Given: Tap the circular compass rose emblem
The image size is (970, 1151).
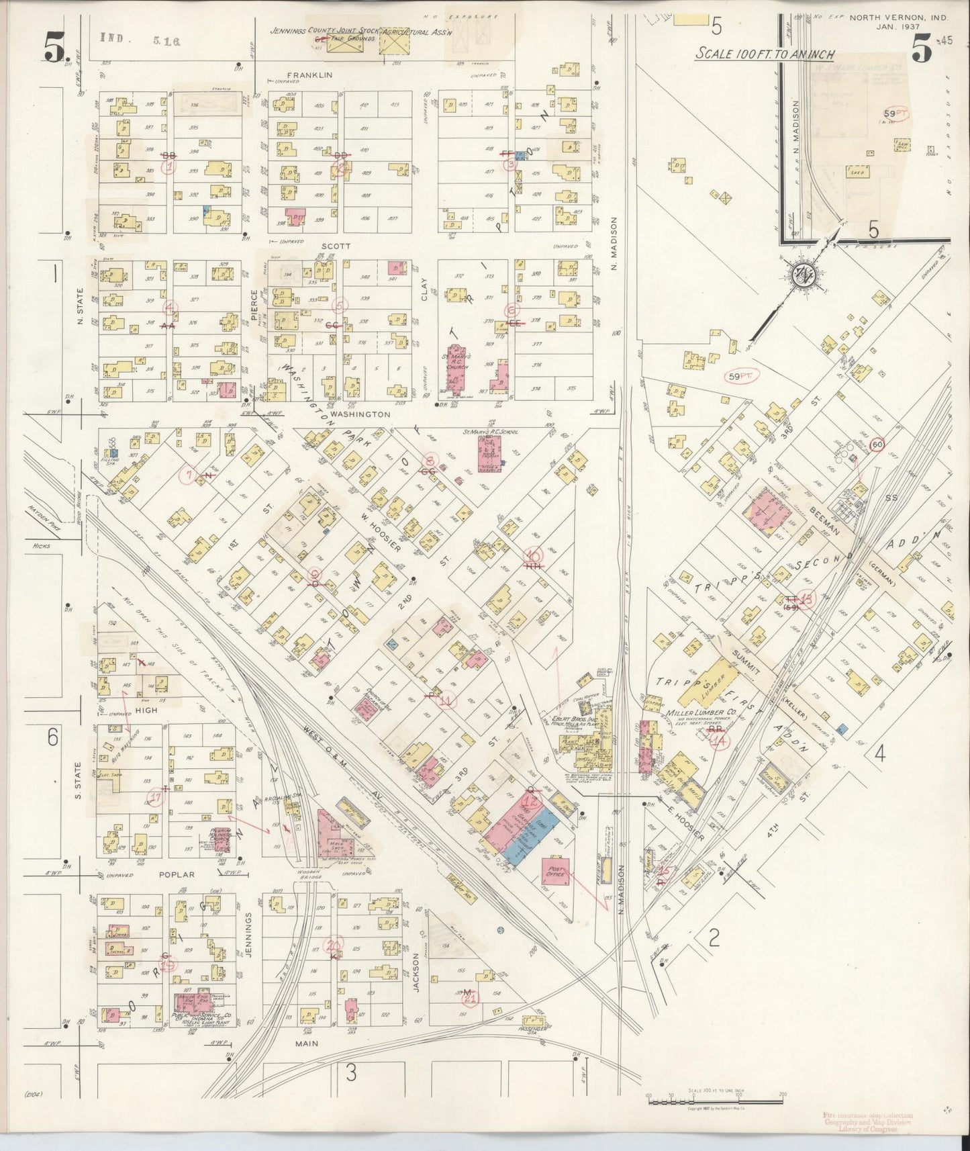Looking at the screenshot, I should tap(802, 274).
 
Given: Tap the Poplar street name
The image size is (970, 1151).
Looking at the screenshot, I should tap(177, 875).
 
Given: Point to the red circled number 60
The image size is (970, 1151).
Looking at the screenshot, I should tap(876, 443).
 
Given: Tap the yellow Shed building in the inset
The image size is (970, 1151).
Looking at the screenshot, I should tap(857, 173).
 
